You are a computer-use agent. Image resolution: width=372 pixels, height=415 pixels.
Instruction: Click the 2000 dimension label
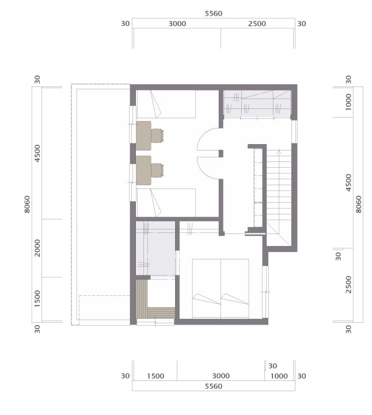(x=37, y=248)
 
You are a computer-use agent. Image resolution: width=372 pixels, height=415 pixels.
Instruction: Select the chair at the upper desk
(x=157, y=135)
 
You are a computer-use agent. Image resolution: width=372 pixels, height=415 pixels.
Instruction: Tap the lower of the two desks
(x=143, y=170)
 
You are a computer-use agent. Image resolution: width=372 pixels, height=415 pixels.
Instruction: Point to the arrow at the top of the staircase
(x=279, y=152)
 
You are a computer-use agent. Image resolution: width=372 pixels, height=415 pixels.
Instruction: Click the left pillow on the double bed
(x=206, y=299)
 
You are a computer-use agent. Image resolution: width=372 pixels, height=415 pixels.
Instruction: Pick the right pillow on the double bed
(x=234, y=299)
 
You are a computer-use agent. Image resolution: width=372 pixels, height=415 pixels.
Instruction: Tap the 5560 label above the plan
(x=214, y=13)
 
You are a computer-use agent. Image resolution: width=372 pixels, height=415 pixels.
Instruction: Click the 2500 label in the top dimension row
(x=257, y=24)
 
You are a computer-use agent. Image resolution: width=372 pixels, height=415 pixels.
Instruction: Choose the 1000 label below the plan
(x=279, y=376)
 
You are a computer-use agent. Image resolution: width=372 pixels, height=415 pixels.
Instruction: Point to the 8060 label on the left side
(x=27, y=204)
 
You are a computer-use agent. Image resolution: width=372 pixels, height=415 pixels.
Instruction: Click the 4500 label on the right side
(x=349, y=183)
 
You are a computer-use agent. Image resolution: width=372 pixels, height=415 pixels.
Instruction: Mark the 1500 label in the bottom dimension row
(x=155, y=376)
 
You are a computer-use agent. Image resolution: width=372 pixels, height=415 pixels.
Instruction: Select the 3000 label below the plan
(x=221, y=376)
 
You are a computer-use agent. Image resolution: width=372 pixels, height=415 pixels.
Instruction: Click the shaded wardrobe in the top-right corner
(x=257, y=104)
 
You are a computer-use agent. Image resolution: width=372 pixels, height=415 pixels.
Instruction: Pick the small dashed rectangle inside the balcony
(x=104, y=308)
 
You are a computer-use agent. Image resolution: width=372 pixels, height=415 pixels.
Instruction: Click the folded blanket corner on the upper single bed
(x=156, y=104)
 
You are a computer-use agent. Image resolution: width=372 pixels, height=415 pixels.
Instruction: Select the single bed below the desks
(x=166, y=203)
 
